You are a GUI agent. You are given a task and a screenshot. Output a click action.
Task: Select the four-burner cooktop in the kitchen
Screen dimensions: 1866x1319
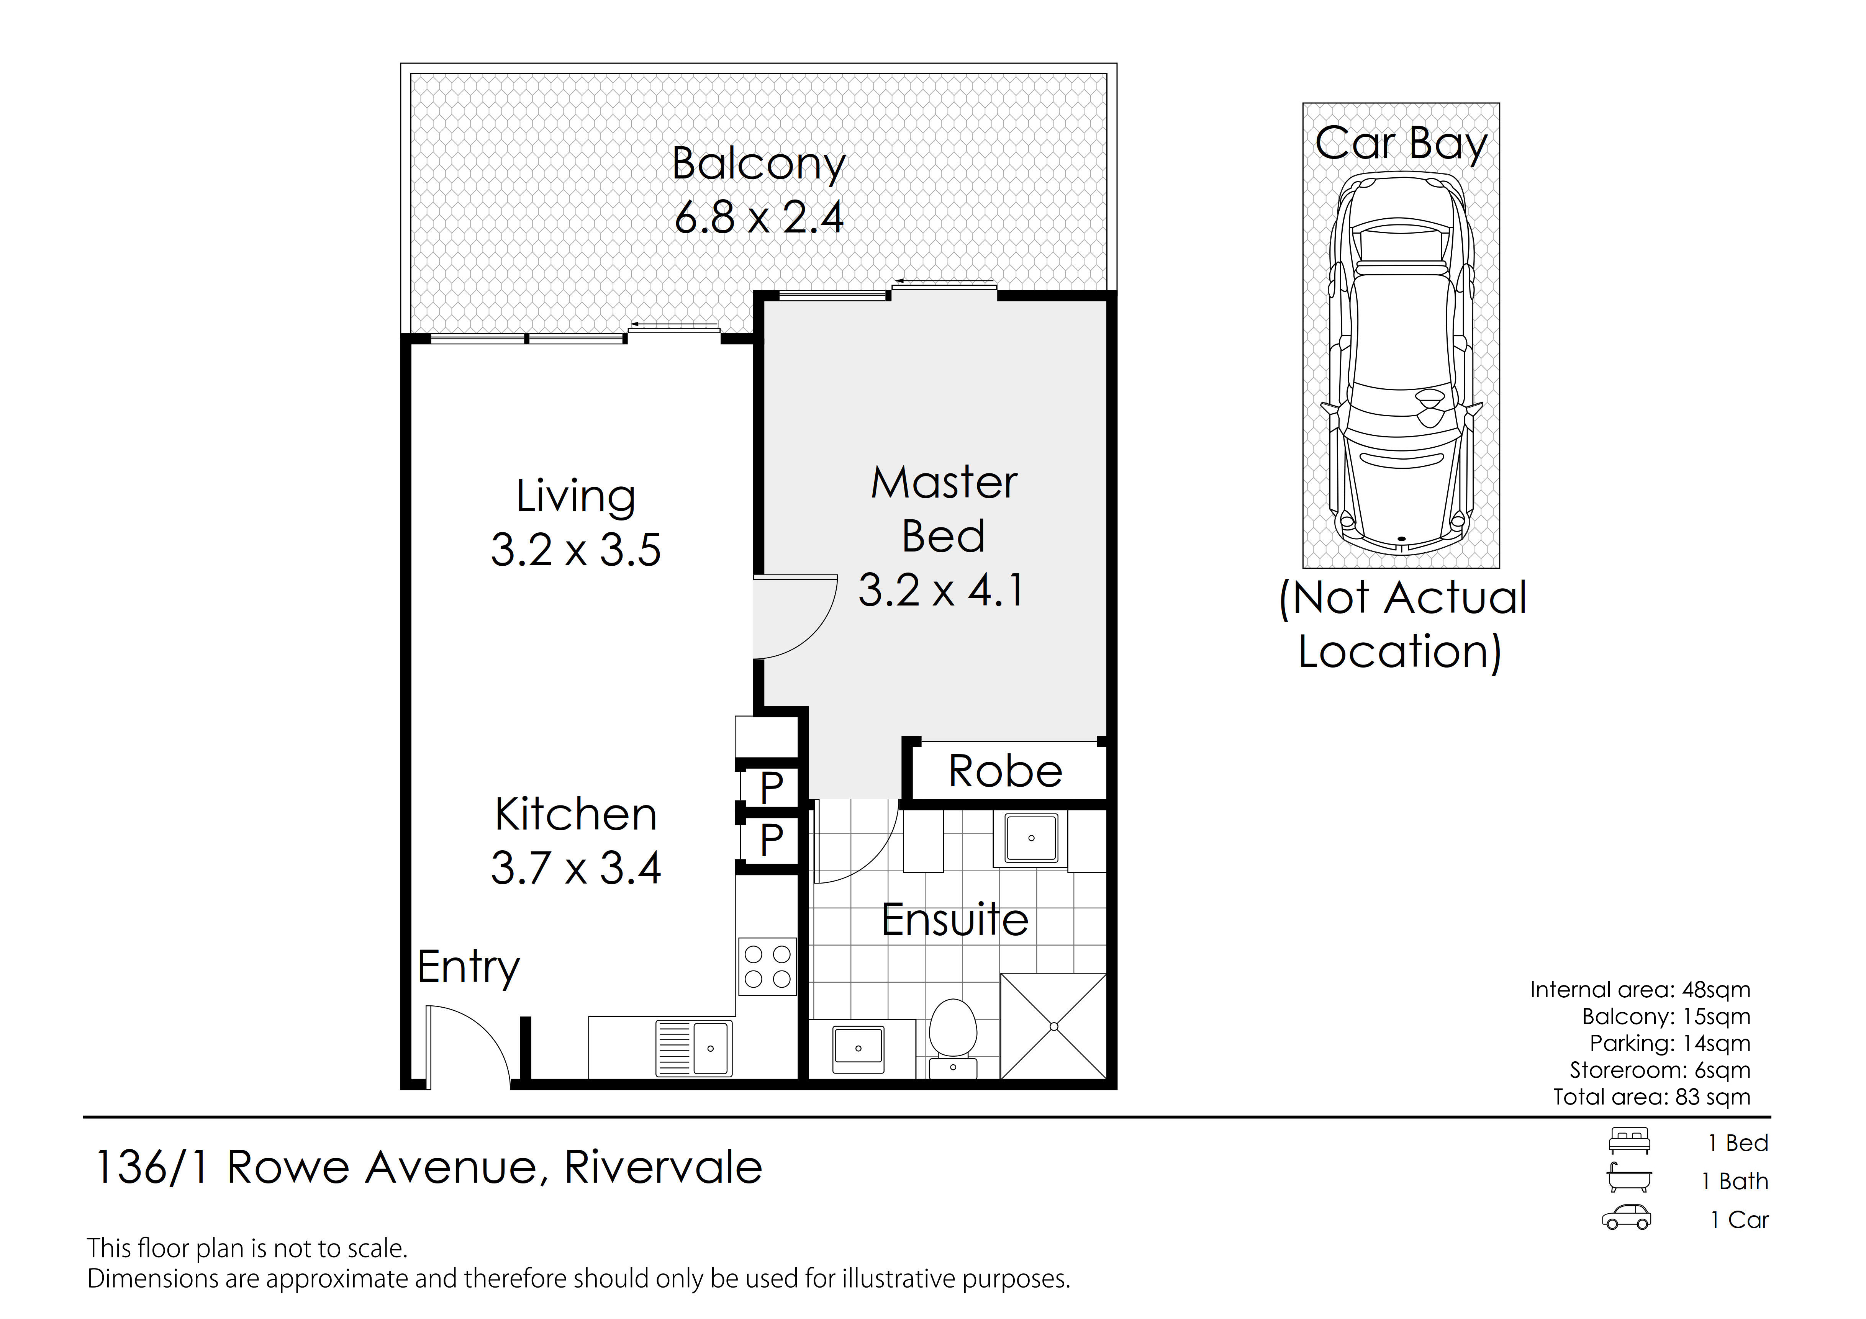[767, 966]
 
